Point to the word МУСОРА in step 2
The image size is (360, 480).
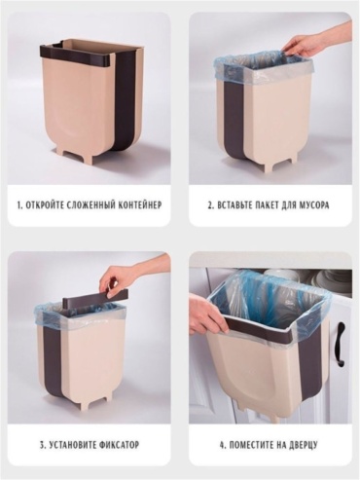(314, 205)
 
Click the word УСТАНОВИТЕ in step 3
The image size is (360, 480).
(69, 444)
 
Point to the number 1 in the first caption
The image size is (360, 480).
(19, 205)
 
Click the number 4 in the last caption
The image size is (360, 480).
(222, 444)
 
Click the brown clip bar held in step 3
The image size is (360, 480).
(94, 297)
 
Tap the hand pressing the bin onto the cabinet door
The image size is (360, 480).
(206, 314)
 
